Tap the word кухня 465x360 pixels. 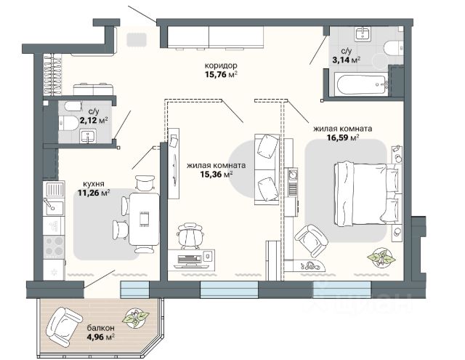94,184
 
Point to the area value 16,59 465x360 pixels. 337,137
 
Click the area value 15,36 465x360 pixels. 211,175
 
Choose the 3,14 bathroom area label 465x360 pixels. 341,60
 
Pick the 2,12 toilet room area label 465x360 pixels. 89,121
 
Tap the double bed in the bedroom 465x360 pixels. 367,193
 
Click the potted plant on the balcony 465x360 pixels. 136,318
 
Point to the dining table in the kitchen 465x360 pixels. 145,219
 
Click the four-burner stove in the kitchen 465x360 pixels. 54,247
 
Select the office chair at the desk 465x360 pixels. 190,236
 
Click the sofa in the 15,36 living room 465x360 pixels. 267,169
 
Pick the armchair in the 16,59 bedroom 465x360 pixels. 312,241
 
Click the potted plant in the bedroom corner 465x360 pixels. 381,257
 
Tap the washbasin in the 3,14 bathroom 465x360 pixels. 363,34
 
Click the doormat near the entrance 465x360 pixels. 137,40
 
